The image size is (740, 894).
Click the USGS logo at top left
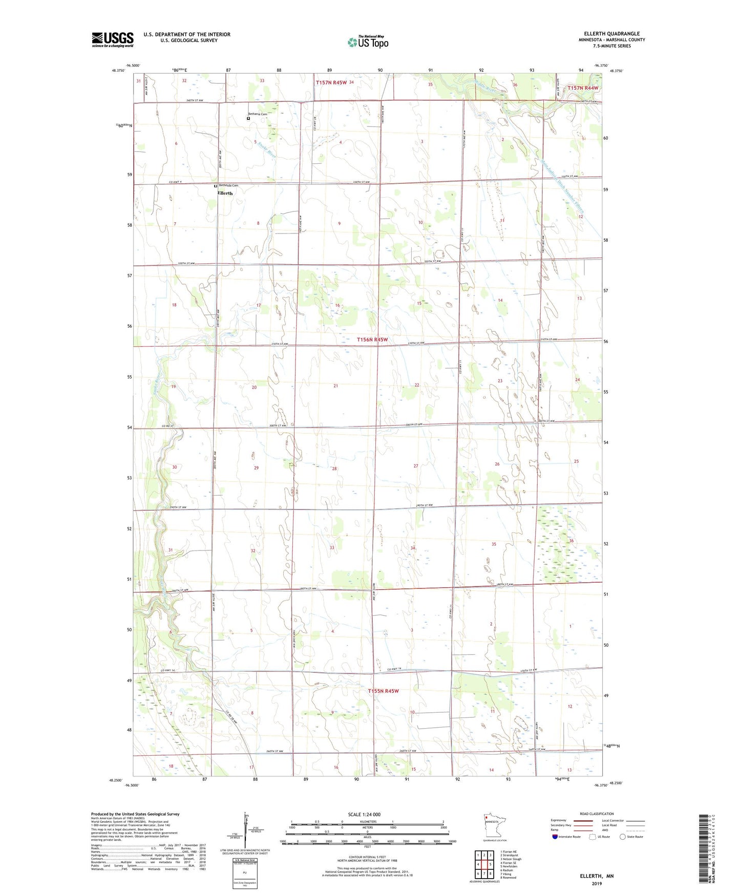(x=112, y=39)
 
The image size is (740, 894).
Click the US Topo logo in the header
(x=368, y=42)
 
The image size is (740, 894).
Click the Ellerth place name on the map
(x=225, y=193)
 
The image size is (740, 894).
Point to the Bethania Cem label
(x=259, y=114)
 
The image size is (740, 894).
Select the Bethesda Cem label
(x=228, y=185)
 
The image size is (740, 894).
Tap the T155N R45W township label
(x=383, y=691)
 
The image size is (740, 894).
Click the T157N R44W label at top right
(x=583, y=88)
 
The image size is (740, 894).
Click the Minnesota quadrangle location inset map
(x=494, y=825)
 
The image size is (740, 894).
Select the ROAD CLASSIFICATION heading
(x=597, y=814)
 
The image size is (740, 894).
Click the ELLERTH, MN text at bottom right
(x=597, y=876)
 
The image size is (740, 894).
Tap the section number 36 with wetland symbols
(x=571, y=541)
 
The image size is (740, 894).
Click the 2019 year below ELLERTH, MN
(x=597, y=883)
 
